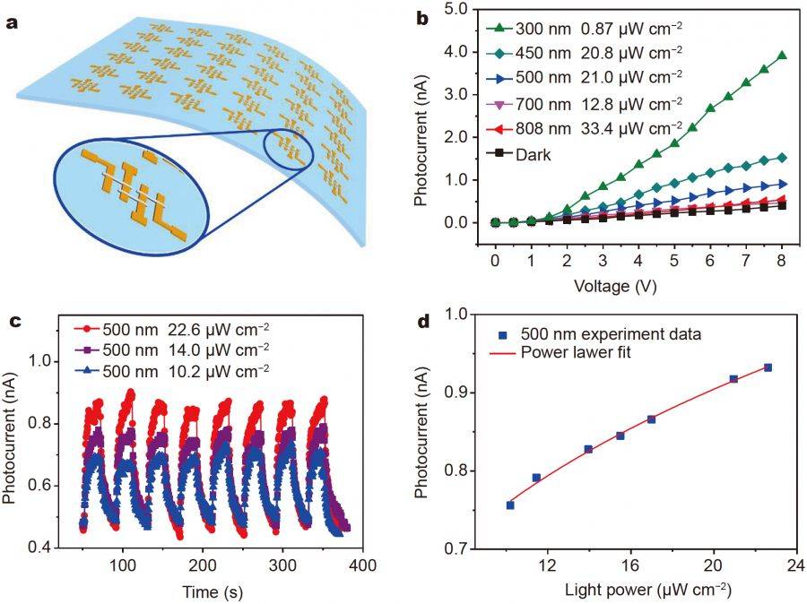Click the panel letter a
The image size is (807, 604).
[x=12, y=23]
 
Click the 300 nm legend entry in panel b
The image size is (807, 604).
[x=584, y=29]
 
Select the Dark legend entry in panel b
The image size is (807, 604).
[x=519, y=154]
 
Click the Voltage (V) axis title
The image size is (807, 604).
[x=615, y=286]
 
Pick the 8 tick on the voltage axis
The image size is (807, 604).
[x=781, y=261]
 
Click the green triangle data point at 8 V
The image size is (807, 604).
[x=782, y=56]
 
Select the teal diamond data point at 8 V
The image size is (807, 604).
[x=782, y=158]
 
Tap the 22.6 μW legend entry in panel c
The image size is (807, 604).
[x=171, y=329]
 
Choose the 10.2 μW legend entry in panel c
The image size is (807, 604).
[x=171, y=370]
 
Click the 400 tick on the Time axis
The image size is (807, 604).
[x=362, y=565]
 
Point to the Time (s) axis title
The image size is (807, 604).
[x=212, y=592]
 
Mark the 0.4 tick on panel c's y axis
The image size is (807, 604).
[x=39, y=548]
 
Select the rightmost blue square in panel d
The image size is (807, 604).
[x=768, y=367]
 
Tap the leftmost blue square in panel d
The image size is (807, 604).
[x=510, y=505]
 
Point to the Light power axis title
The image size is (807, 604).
[x=648, y=590]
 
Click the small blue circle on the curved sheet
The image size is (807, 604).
[x=288, y=150]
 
